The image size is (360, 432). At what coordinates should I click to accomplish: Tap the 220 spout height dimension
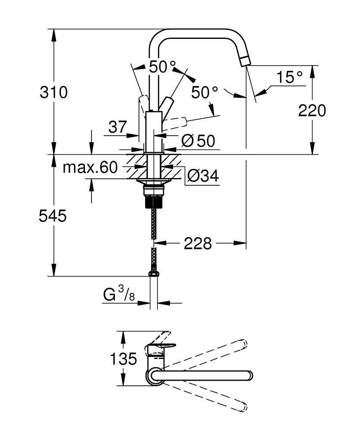[312, 111]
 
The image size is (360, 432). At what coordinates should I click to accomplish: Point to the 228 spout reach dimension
[198, 244]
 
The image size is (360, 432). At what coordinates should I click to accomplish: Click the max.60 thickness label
[90, 168]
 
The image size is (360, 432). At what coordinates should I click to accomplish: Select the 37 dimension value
[117, 127]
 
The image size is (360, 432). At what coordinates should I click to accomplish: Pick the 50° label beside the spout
[205, 92]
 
